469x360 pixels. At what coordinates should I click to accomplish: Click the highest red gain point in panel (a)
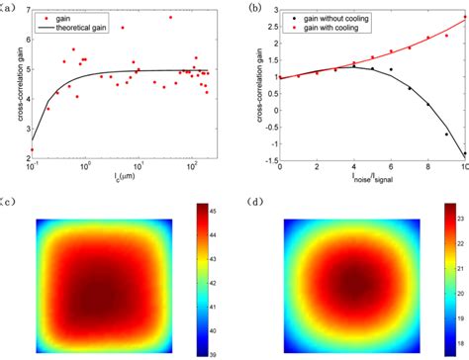171,18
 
